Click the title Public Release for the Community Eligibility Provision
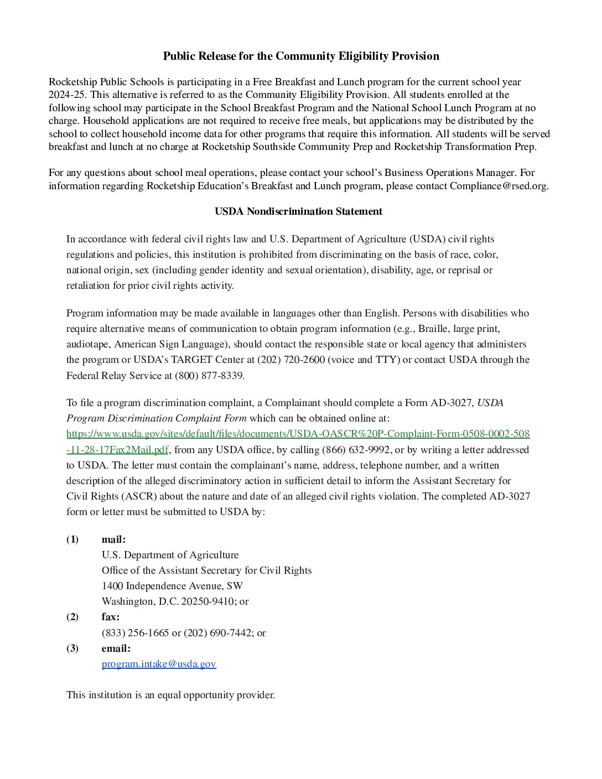tap(301, 56)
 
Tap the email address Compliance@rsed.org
tap(498, 186)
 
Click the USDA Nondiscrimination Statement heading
tap(298, 211)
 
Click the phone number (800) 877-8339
tap(209, 375)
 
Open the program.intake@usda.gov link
tap(159, 664)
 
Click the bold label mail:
tap(113, 539)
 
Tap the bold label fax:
tap(111, 617)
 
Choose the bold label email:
tap(116, 648)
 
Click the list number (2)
tap(72, 617)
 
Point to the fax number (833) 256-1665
tap(135, 633)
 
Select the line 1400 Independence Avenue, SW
tap(172, 586)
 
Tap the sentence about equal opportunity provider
tap(170, 695)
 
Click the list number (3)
tap(72, 648)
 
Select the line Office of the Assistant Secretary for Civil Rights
tap(206, 570)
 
